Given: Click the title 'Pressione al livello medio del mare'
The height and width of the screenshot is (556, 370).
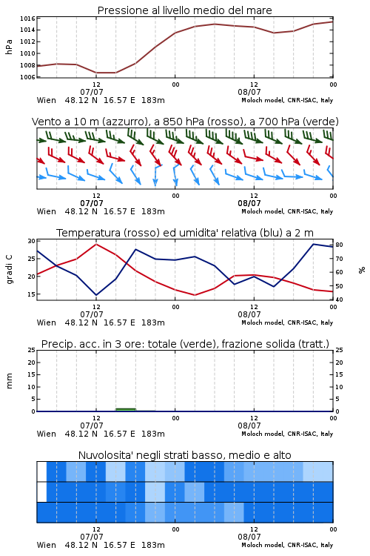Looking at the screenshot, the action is click(184, 10).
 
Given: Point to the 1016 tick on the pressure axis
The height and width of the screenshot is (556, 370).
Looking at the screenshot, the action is click(27, 19).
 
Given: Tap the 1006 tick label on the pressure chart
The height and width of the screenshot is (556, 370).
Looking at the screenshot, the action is click(27, 77).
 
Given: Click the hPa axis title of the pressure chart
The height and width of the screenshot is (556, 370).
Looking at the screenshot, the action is click(9, 47).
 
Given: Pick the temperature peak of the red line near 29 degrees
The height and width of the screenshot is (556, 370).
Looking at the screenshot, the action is click(96, 245).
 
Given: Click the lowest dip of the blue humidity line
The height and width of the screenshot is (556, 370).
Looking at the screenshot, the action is click(96, 295).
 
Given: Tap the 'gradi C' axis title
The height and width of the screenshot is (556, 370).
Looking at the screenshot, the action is click(10, 270).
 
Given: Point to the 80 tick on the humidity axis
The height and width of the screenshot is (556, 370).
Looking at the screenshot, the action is click(339, 245).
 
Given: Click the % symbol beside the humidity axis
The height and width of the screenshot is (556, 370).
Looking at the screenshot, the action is click(362, 270).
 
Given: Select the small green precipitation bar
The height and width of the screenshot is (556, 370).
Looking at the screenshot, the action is click(126, 410).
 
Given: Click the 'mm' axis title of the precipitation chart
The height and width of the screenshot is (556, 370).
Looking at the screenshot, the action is click(10, 381).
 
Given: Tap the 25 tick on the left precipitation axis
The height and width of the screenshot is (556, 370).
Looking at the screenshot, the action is click(32, 350).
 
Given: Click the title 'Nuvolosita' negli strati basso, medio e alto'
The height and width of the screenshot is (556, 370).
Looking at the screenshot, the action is click(184, 455).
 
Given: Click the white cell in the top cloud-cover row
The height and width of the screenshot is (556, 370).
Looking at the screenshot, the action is click(41, 471).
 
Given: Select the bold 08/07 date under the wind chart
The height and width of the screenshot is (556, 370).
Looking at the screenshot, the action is click(249, 204).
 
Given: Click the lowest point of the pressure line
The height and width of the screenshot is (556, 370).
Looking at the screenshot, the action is click(106, 73).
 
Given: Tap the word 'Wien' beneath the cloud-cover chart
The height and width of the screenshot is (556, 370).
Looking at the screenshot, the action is click(47, 545).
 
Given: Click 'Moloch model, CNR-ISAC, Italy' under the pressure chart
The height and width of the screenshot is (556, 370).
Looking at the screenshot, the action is click(287, 100).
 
